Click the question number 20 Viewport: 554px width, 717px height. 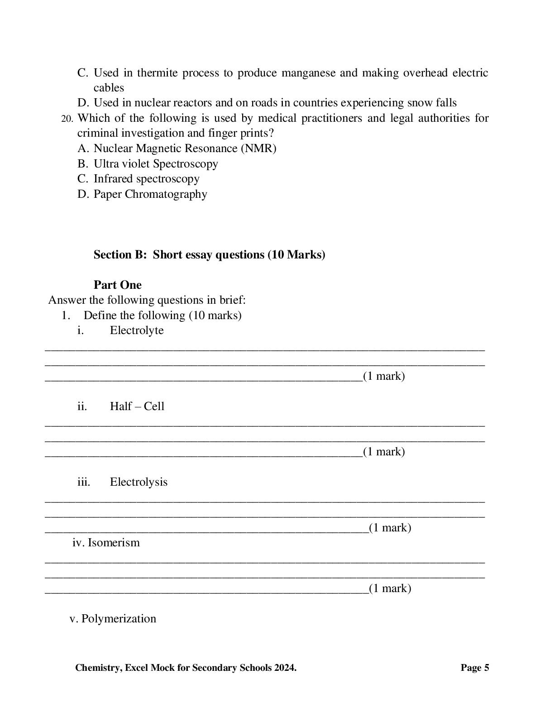click(x=67, y=119)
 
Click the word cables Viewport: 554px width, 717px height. click(x=109, y=88)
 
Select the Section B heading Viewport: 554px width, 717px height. click(x=209, y=255)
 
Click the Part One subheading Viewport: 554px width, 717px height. click(x=117, y=285)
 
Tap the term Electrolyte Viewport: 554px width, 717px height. click(x=137, y=330)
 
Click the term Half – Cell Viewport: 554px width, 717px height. click(x=137, y=406)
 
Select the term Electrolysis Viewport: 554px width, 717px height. click(x=138, y=482)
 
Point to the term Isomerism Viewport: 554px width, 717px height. click(x=113, y=543)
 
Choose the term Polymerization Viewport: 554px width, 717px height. click(x=119, y=619)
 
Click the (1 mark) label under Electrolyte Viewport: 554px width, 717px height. click(x=383, y=376)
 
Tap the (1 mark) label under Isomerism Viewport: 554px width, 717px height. click(x=390, y=588)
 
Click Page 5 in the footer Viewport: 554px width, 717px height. click(x=475, y=668)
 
